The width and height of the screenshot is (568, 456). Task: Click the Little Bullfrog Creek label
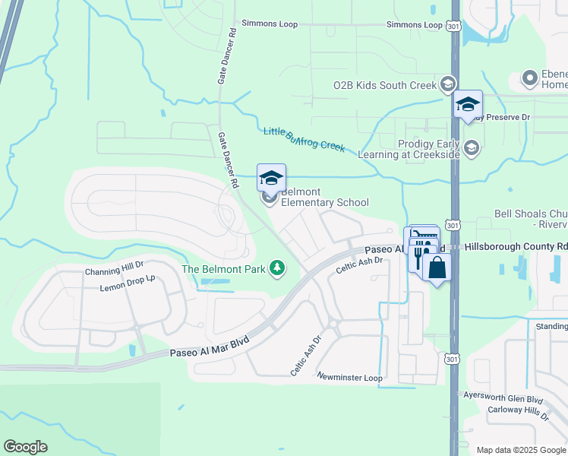304,138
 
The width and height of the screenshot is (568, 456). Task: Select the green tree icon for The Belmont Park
278,268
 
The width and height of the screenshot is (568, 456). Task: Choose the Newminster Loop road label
349,377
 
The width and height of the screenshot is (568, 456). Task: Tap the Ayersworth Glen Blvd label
503,398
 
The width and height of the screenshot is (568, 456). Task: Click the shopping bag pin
437,268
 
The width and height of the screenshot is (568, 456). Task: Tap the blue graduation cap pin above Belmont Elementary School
271,178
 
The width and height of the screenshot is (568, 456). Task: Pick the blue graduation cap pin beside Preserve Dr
467,104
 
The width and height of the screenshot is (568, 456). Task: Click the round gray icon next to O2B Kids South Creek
448,85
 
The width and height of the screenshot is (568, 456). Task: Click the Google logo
25,447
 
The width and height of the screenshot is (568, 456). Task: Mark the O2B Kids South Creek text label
385,86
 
